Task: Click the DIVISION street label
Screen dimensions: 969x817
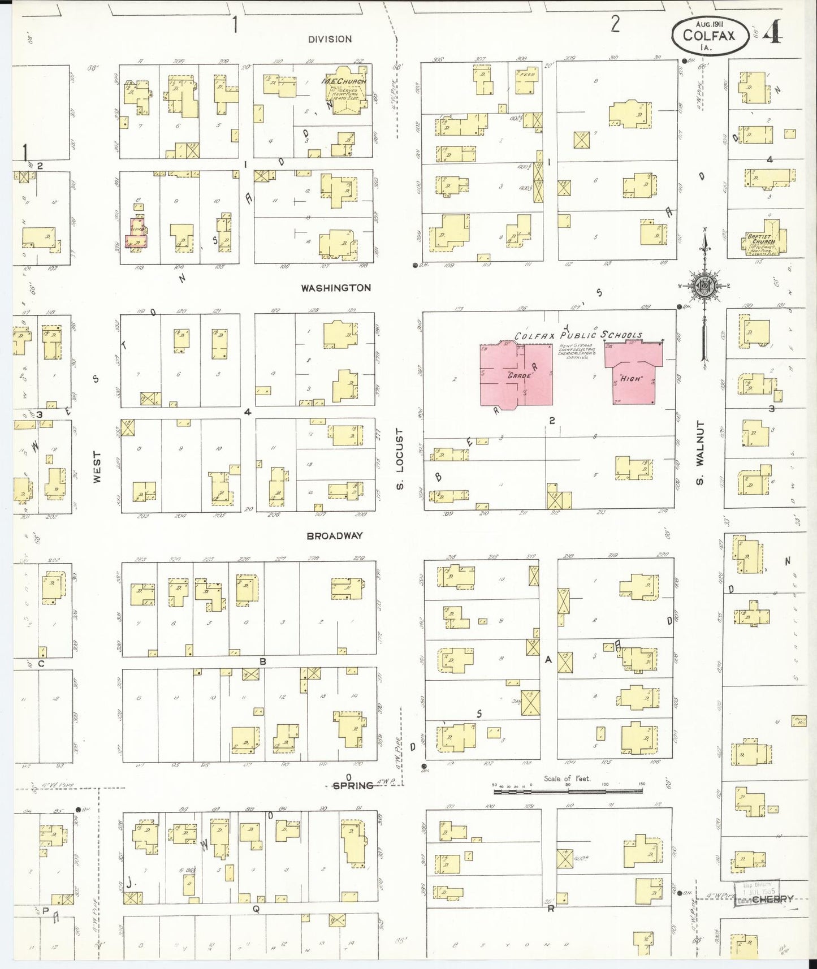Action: [x=330, y=39]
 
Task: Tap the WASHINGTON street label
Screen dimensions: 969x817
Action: [x=336, y=288]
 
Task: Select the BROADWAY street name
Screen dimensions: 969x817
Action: [x=335, y=535]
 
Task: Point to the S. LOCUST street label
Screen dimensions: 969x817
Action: [x=400, y=458]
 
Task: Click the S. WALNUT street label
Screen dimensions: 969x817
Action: [x=700, y=452]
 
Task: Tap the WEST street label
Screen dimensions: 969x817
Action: [x=97, y=466]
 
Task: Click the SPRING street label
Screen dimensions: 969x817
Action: [x=353, y=785]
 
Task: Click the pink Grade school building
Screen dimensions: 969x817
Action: [x=516, y=374]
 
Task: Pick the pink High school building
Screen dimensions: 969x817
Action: [x=633, y=373]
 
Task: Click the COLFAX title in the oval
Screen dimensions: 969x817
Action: [x=709, y=36]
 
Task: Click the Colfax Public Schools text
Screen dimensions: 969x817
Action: [x=578, y=335]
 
